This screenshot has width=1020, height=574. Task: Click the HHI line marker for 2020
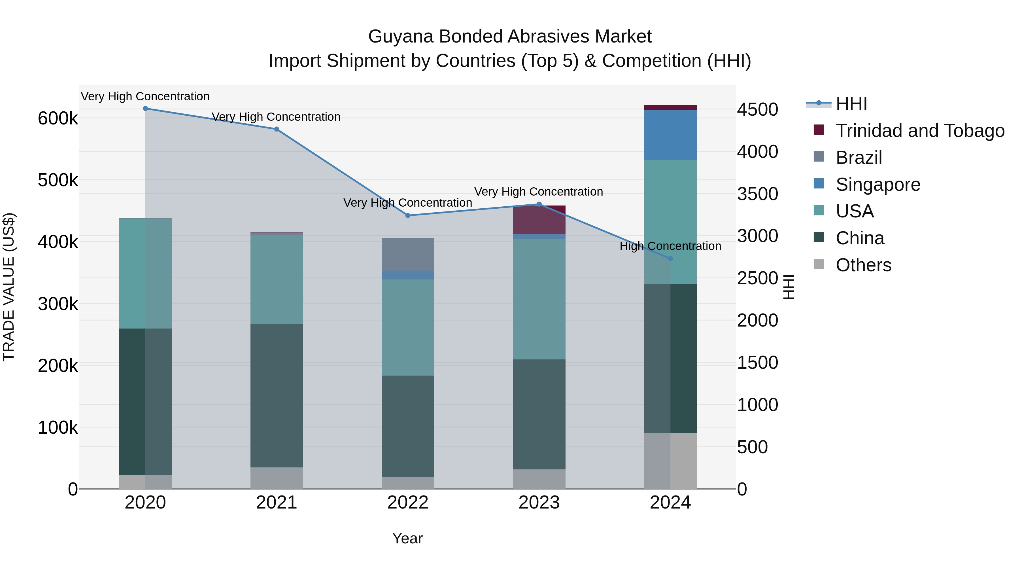(145, 109)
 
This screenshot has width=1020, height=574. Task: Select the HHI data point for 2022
(408, 215)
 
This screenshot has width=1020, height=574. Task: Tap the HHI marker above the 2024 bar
(670, 259)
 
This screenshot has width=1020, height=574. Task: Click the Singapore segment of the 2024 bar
(670, 135)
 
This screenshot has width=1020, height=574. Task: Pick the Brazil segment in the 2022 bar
(408, 254)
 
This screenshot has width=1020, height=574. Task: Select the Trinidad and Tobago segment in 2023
(539, 220)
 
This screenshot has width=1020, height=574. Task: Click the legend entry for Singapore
(877, 185)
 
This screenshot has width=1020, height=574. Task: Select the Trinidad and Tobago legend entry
(919, 131)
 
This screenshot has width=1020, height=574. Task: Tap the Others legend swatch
(819, 264)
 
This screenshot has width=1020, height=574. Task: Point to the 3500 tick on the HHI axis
(757, 194)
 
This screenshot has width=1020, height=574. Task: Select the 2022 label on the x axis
(408, 503)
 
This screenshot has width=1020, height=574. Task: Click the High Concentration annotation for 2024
(670, 246)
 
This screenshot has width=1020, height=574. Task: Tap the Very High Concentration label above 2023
(539, 192)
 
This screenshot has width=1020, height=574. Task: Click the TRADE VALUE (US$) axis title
(9, 287)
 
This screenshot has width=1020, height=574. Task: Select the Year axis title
(407, 538)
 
